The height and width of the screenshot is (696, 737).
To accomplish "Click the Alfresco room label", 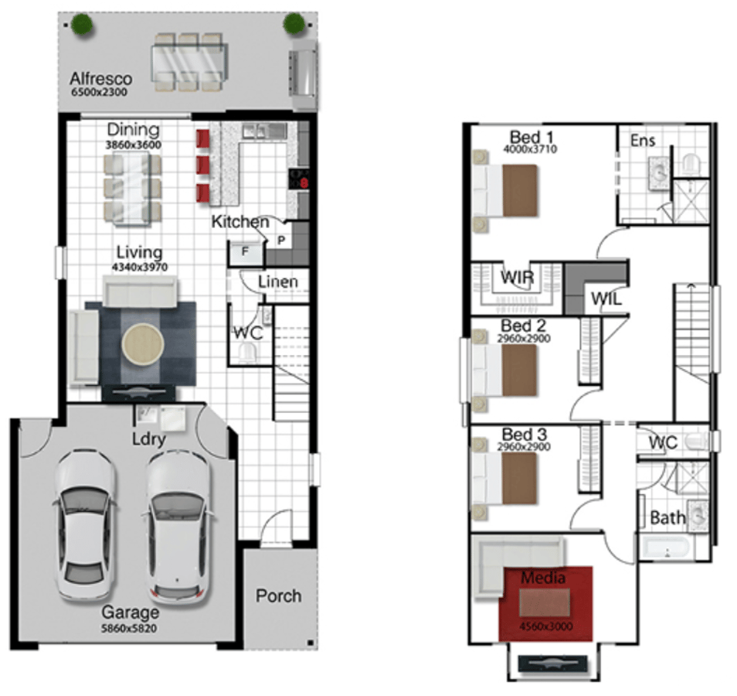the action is tap(100, 78).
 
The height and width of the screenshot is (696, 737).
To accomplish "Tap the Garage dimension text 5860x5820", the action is tap(129, 628).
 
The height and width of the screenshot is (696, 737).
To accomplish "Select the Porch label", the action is tap(278, 595).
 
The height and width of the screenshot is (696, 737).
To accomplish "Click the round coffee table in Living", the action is tap(143, 344).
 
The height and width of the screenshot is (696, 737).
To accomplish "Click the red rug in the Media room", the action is tap(545, 604).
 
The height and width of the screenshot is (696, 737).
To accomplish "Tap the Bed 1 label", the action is tap(532, 138).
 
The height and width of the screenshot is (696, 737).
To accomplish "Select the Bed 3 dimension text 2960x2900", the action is tap(524, 446).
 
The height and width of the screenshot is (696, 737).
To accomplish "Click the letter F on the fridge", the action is tap(244, 251).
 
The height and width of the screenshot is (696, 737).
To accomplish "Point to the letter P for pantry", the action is tap(281, 241).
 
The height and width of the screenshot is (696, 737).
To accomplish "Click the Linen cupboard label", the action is tap(278, 281).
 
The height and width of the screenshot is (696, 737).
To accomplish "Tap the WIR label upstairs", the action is tap(517, 277).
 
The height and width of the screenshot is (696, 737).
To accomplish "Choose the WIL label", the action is tap(606, 299).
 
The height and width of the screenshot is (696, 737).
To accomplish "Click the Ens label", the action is tap(643, 140).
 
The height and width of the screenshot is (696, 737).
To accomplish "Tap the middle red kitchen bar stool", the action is tap(203, 165).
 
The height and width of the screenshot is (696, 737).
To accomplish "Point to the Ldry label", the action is tap(148, 439).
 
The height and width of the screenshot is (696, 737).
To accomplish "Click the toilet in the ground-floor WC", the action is tap(248, 352).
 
